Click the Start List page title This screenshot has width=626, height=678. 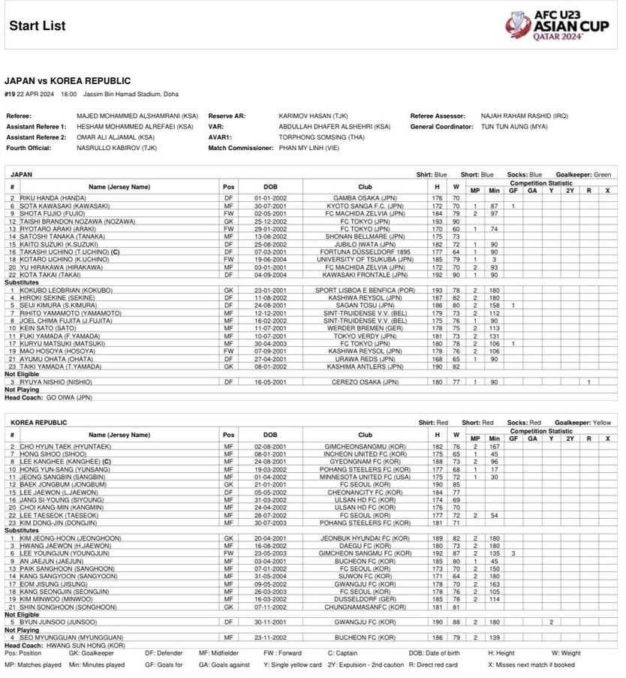pyautogui.click(x=37, y=26)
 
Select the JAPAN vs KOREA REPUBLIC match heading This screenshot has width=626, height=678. pyautogui.click(x=68, y=81)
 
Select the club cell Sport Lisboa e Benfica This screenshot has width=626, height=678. pyautogui.click(x=365, y=289)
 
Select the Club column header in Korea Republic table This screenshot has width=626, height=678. pyautogui.click(x=365, y=434)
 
